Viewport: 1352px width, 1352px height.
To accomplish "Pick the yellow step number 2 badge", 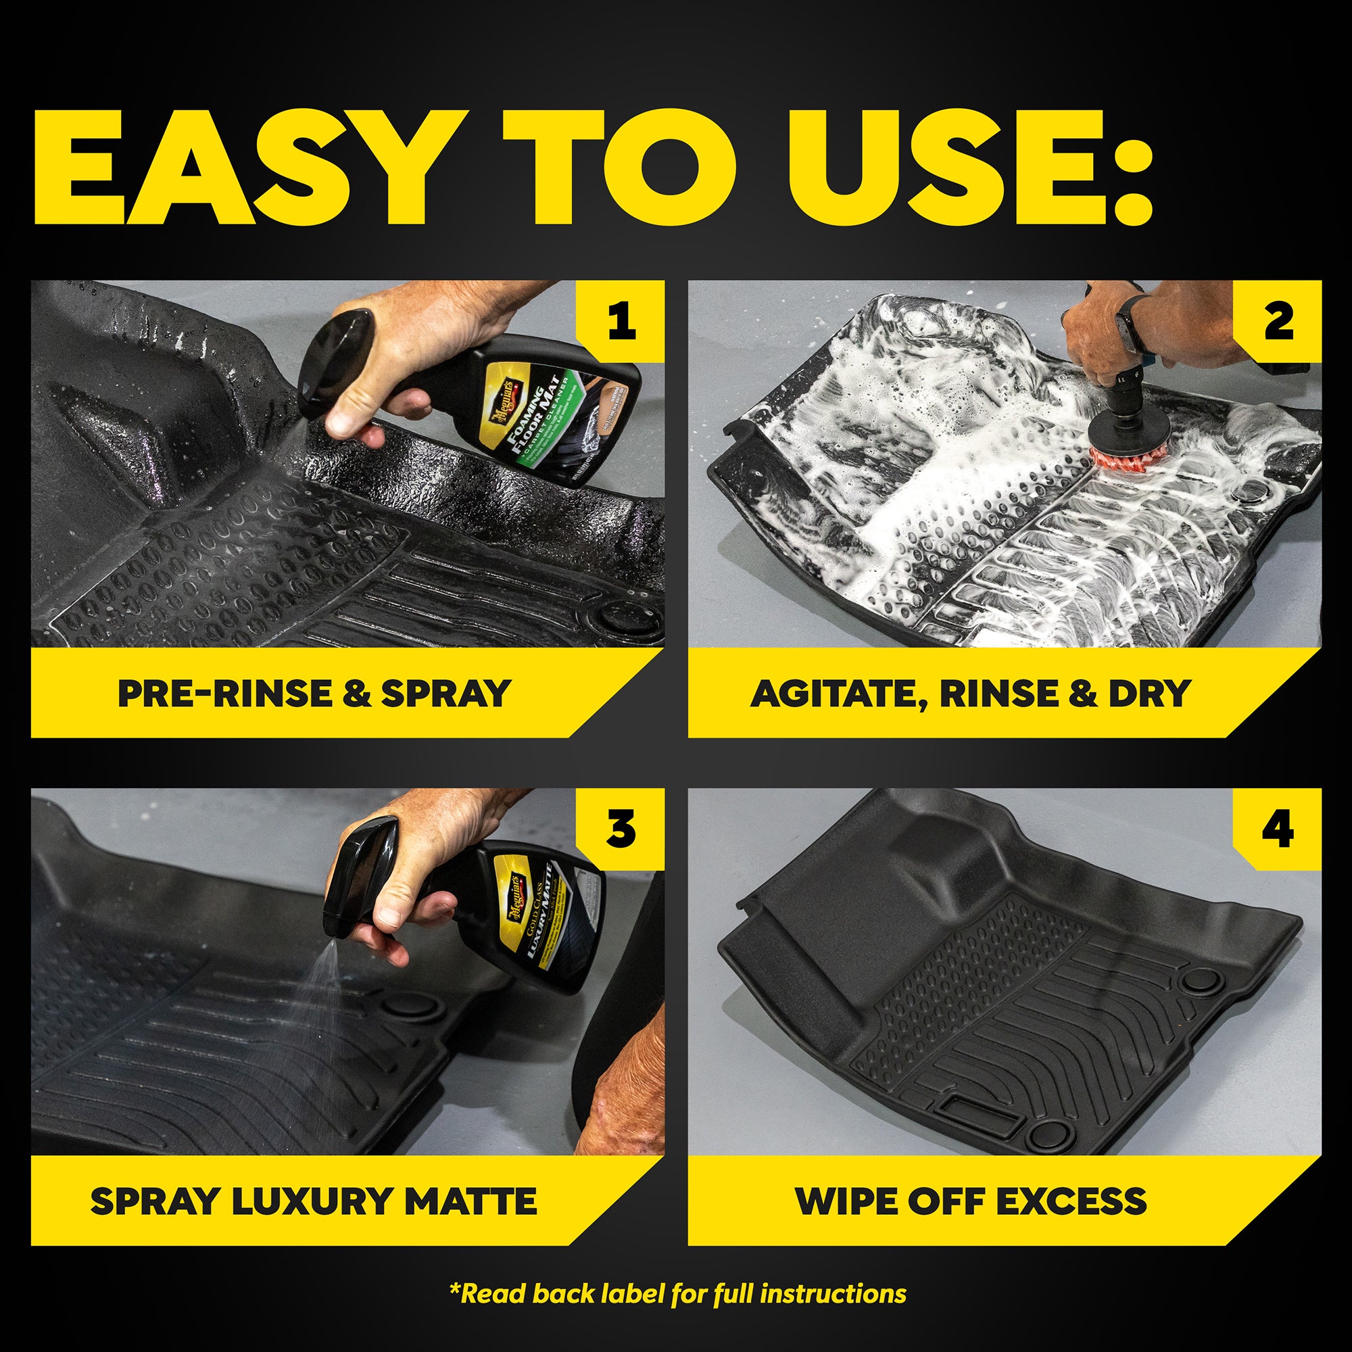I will tap(1278, 321).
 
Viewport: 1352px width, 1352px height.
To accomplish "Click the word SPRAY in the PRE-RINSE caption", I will tap(445, 694).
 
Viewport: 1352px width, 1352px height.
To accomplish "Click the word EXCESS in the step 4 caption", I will tap(1071, 1201).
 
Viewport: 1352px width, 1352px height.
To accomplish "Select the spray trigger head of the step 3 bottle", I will tap(357, 875).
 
